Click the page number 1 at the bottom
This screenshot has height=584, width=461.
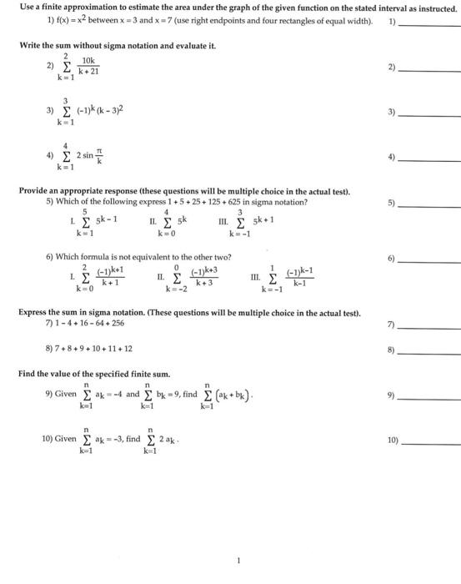click(x=238, y=561)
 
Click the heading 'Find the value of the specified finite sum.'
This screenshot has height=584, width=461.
click(x=100, y=374)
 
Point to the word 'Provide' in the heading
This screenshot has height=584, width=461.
click(x=36, y=190)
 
